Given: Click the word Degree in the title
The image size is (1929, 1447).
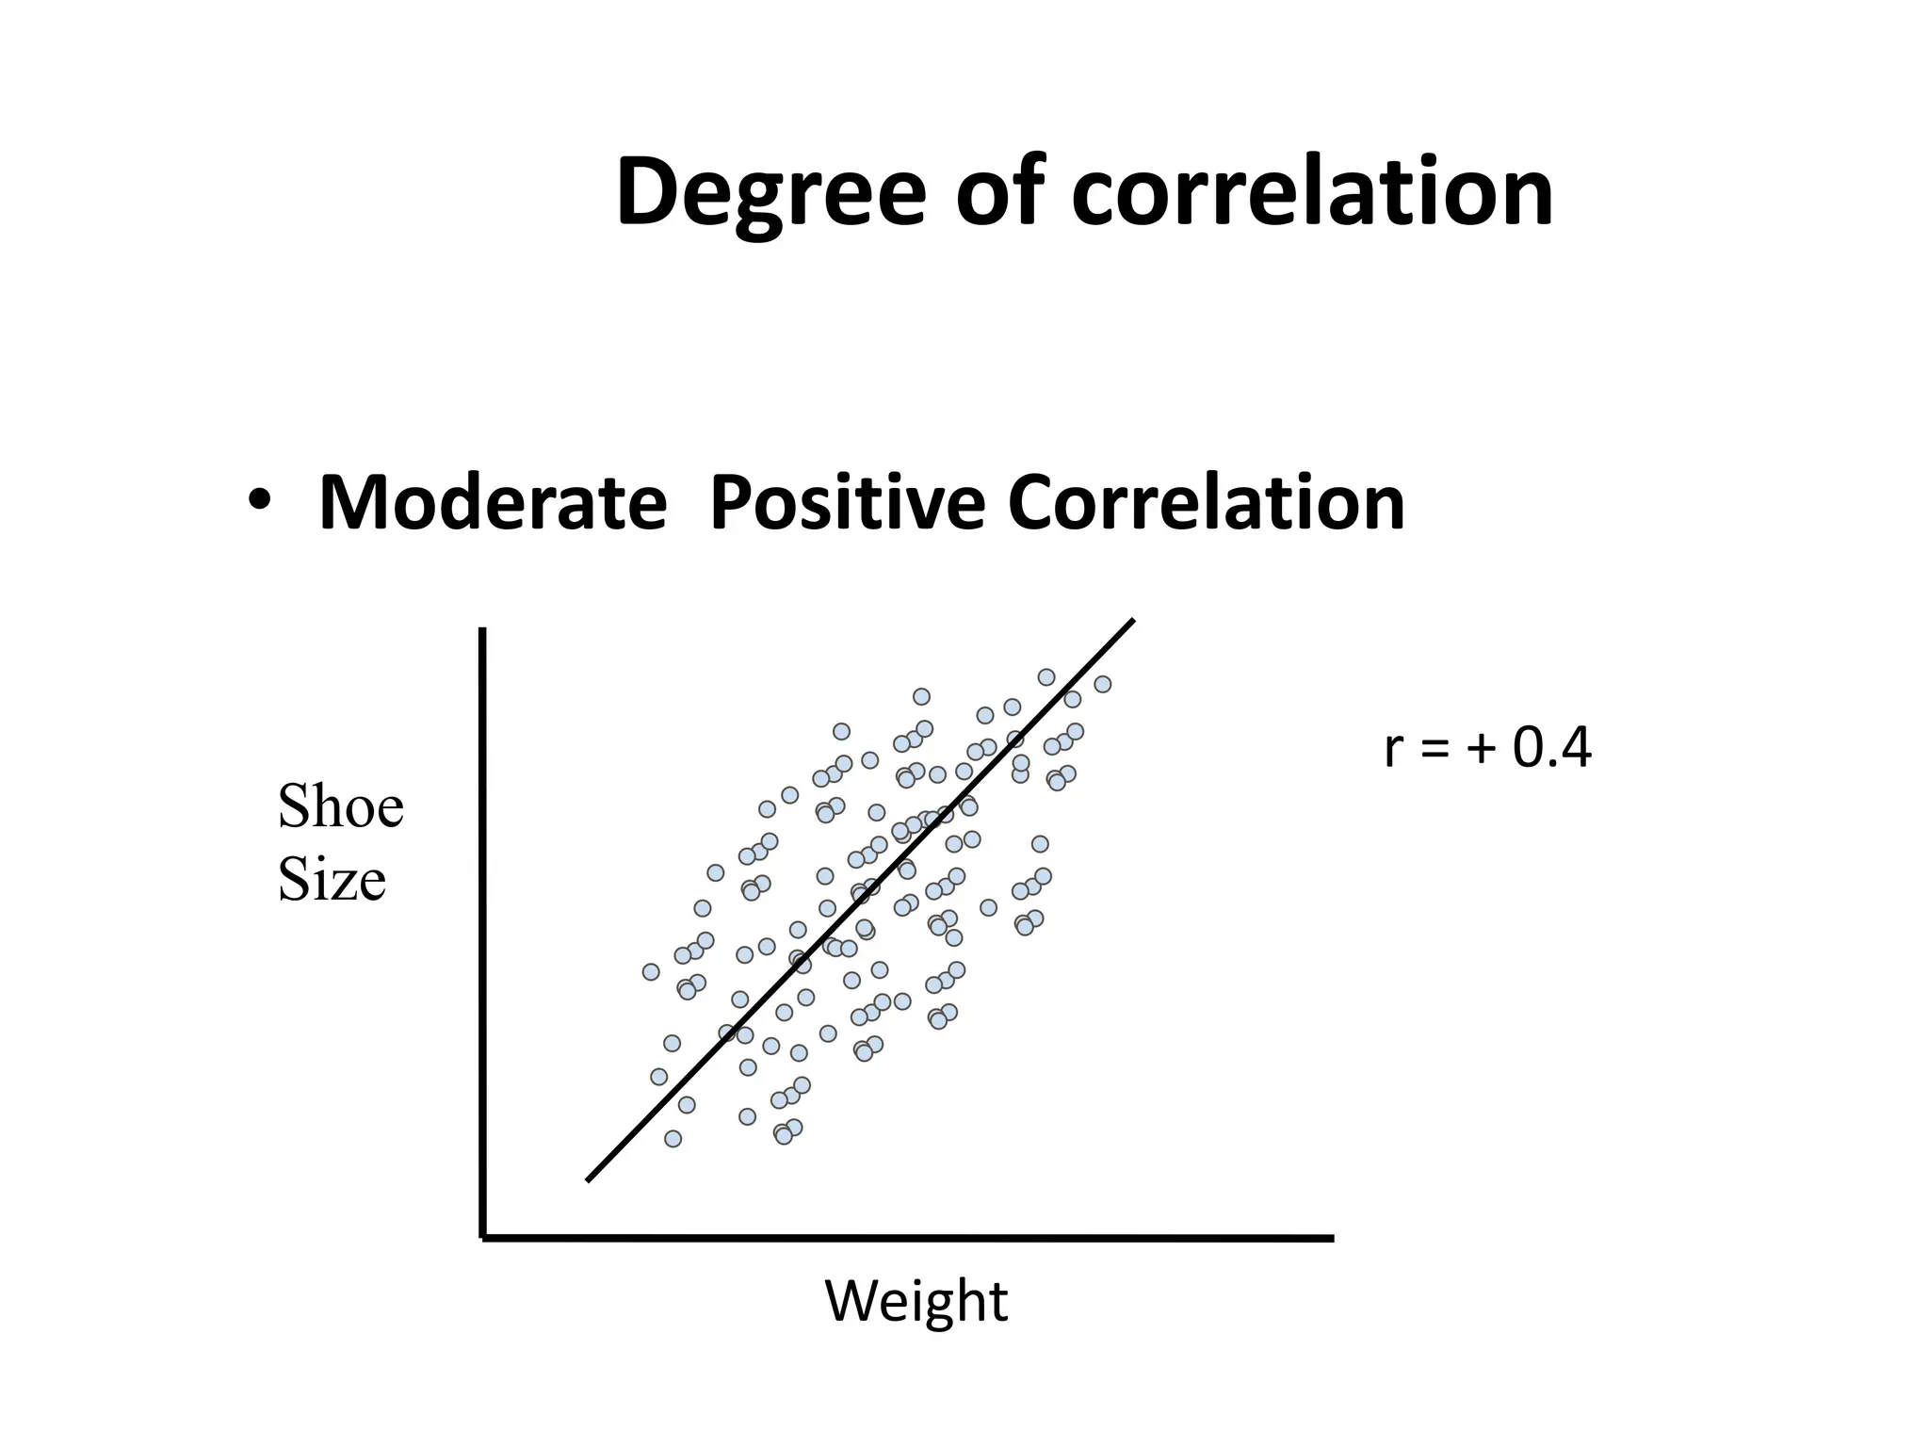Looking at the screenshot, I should [x=770, y=193].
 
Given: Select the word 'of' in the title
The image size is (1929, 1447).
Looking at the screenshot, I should [x=999, y=193].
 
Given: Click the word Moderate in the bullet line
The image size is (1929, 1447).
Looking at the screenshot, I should [x=493, y=503].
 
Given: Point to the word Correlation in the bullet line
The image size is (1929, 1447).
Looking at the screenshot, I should [x=1206, y=503].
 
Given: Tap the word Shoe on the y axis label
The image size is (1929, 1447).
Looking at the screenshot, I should [x=340, y=807].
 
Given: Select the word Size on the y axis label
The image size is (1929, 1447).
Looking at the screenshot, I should [x=332, y=881].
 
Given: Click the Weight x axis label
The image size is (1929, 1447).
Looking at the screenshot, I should [x=916, y=1302].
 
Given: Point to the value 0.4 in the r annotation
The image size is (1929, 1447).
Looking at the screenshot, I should [x=1552, y=749].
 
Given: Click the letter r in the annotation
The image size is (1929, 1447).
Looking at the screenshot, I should [x=1392, y=751].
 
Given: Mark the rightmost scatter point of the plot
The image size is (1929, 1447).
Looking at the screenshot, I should [x=1102, y=684].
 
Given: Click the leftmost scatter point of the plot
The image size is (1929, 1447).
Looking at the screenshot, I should [x=651, y=971].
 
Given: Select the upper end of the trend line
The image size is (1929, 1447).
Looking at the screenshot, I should [x=1132, y=621].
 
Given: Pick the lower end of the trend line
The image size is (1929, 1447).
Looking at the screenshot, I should [x=589, y=1179].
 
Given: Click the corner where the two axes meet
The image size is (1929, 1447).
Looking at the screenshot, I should [x=483, y=1237].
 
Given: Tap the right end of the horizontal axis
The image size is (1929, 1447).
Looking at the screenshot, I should [x=1331, y=1239].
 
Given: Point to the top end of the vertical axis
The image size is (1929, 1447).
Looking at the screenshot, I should [x=482, y=630].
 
